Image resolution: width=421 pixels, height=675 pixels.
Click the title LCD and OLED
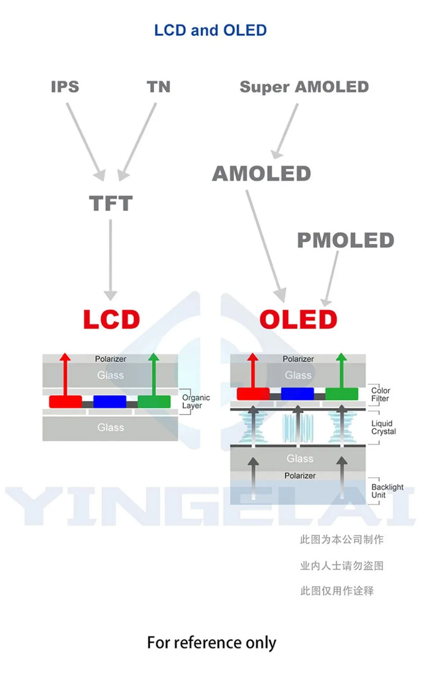(210, 30)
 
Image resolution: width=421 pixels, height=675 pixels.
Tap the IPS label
(65, 86)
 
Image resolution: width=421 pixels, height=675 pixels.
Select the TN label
(158, 86)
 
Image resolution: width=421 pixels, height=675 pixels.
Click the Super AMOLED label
(304, 86)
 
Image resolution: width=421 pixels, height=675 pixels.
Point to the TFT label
(111, 203)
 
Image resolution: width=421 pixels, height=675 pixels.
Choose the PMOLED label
(345, 240)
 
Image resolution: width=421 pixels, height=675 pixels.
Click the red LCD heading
(111, 319)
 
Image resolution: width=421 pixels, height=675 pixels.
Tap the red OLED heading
(298, 319)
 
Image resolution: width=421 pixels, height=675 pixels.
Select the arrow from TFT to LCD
(110, 259)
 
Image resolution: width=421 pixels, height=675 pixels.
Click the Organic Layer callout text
(195, 401)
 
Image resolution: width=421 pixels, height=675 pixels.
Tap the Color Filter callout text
(380, 395)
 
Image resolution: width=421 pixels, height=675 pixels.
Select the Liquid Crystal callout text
(383, 427)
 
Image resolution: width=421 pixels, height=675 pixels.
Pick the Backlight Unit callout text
(387, 491)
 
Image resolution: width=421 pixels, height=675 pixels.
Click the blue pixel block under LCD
(109, 401)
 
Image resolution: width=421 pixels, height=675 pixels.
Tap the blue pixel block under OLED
(297, 394)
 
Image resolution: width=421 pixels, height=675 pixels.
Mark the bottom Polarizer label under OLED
(300, 476)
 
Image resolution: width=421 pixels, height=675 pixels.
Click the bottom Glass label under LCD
(110, 427)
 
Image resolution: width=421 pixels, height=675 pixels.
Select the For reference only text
(211, 643)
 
